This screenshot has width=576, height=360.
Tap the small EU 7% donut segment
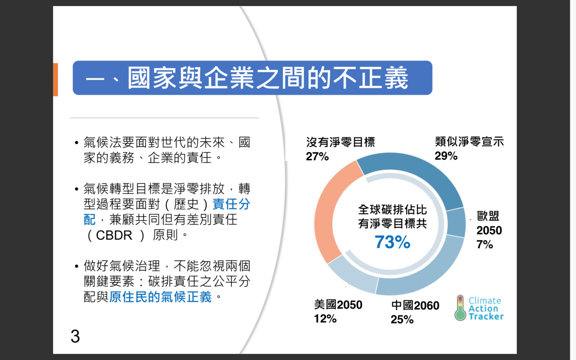tap(456, 222)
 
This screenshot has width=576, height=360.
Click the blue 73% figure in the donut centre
tap(392, 242)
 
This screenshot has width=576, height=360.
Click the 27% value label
tap(317, 156)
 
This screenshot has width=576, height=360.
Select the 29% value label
tap(446, 156)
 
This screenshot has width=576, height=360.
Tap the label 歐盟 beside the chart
tap(488, 216)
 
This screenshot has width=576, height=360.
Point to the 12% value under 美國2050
tap(325, 319)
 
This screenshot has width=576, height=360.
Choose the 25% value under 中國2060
tap(402, 319)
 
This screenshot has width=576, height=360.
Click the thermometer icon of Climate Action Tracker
tap(460, 308)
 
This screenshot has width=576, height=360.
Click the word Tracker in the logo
tap(486, 316)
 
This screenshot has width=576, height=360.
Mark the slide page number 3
tap(75, 336)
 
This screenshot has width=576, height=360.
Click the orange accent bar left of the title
tap(55, 80)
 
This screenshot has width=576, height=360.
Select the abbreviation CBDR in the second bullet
tap(114, 235)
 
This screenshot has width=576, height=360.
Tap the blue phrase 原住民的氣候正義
tap(161, 297)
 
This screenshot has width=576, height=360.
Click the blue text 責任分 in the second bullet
tap(231, 204)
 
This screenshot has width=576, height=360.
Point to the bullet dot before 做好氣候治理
tap(76, 266)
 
